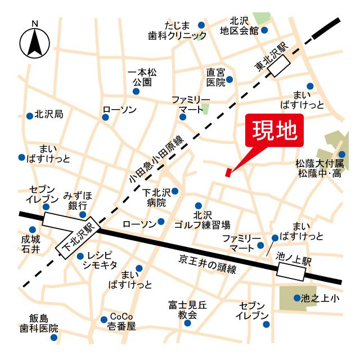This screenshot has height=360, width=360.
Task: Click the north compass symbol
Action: (x=35, y=40)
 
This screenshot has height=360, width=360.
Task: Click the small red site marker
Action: (x=228, y=172)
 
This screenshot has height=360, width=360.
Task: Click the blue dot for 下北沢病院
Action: (x=175, y=191)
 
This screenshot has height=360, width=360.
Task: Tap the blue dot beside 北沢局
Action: (x=29, y=116)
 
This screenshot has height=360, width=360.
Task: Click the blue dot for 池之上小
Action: (x=296, y=298)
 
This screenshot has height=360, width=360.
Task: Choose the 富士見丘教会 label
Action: (x=187, y=310)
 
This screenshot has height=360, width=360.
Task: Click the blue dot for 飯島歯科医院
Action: (x=54, y=337)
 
